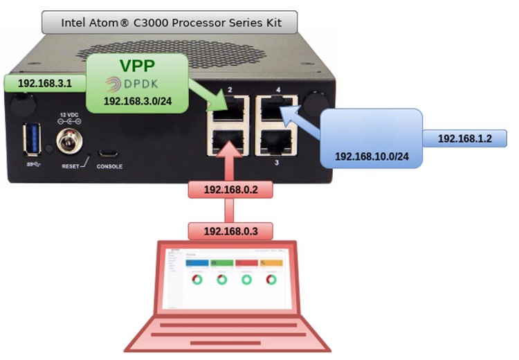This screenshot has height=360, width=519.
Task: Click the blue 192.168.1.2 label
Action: point(464,138)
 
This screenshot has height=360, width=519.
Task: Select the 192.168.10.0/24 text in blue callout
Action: point(372,156)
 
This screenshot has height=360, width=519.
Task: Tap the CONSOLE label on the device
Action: point(110,167)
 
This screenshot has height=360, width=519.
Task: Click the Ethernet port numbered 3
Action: point(277,143)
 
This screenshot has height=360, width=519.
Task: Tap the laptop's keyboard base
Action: point(227,332)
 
